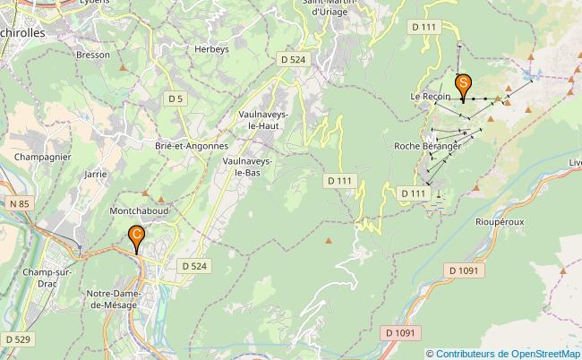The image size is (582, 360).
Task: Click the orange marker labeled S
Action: [464, 84]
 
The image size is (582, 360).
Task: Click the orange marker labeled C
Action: [136, 236]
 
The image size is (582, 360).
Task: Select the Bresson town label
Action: [93, 55]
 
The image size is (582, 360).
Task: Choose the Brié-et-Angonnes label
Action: [192, 145]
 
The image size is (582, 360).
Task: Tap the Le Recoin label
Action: [431, 96]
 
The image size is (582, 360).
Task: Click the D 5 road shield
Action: [175, 98]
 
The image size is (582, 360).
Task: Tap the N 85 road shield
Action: [19, 205]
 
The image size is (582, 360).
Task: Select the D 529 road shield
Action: [17, 339]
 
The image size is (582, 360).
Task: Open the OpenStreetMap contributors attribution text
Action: [507, 353]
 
